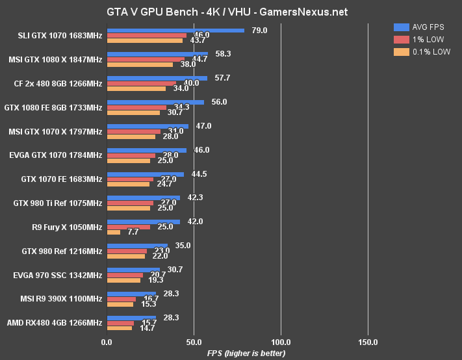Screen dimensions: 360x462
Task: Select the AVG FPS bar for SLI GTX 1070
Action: [x=175, y=30]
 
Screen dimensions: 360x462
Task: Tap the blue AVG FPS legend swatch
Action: [x=401, y=27]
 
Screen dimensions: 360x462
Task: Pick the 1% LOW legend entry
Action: [x=422, y=39]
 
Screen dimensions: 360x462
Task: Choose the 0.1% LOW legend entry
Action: [x=422, y=51]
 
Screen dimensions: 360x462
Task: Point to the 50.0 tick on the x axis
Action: [x=194, y=342]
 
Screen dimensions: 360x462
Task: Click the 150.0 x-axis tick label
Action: [x=368, y=342]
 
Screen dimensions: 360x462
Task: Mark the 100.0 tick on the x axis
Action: [x=281, y=342]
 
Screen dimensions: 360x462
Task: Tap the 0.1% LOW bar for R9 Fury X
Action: [x=114, y=232]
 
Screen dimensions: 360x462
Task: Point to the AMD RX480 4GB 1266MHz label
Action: [x=55, y=323]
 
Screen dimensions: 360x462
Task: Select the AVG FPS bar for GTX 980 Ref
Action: [x=137, y=246]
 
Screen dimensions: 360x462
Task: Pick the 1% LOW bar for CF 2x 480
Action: [x=142, y=83]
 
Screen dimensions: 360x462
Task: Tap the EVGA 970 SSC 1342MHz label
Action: [x=58, y=275]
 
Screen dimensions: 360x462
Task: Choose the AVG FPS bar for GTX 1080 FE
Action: [x=155, y=102]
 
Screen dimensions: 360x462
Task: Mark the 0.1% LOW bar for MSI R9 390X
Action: [x=120, y=304]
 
